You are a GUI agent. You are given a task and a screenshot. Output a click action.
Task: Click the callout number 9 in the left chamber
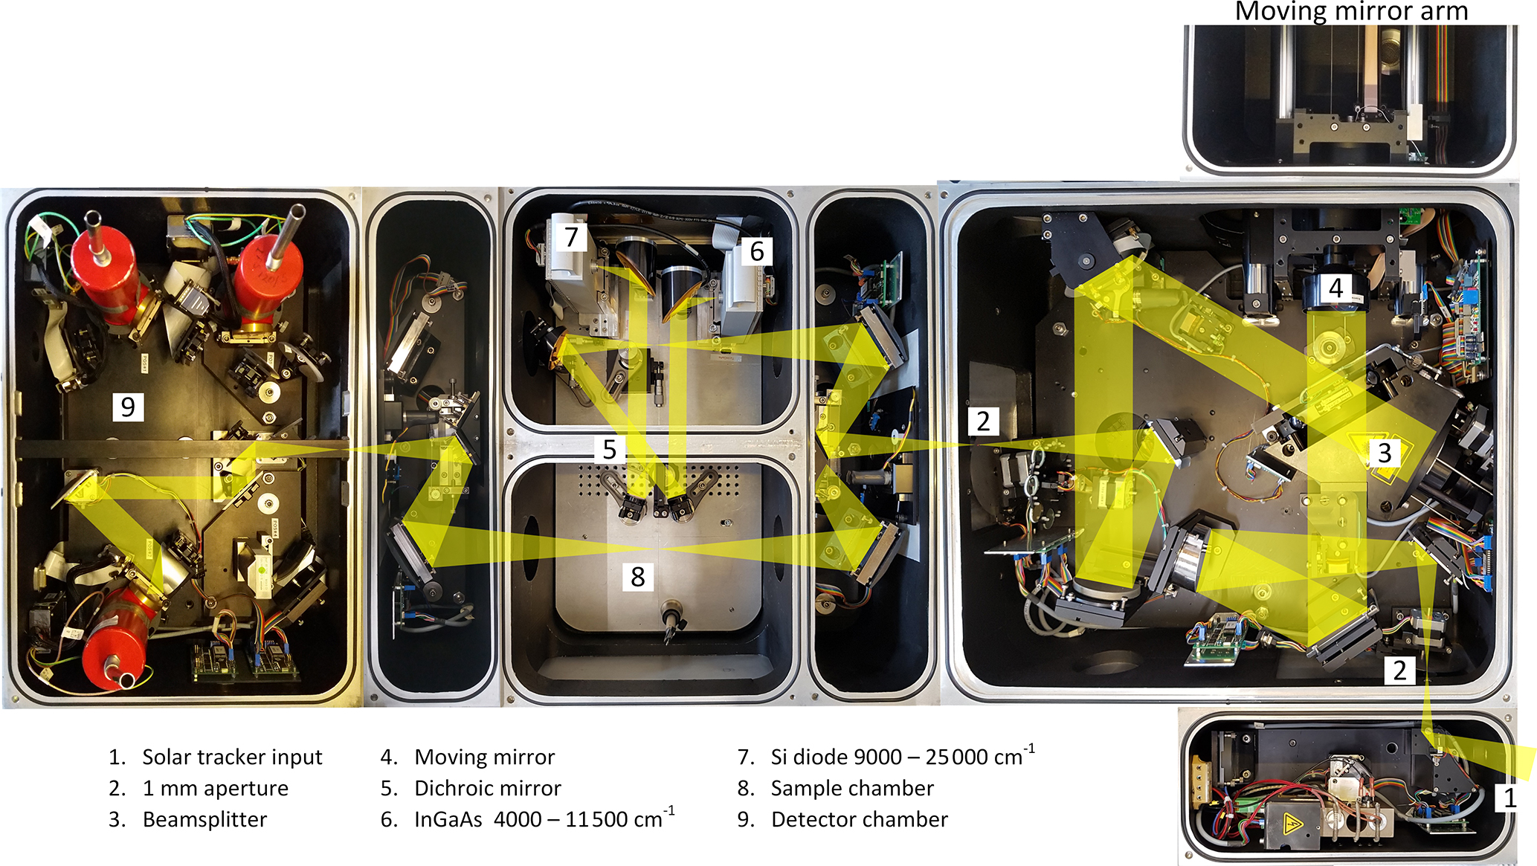(x=128, y=407)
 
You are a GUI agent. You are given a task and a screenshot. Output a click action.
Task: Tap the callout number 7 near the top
(x=571, y=237)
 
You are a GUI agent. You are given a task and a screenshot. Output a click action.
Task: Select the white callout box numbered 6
(x=757, y=251)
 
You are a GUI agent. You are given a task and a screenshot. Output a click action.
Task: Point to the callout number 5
(x=610, y=450)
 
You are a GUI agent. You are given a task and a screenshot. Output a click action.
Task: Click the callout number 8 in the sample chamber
(x=638, y=577)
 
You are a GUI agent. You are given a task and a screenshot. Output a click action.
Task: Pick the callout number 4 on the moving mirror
(x=1336, y=288)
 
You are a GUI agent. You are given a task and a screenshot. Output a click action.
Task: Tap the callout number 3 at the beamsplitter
(x=1385, y=453)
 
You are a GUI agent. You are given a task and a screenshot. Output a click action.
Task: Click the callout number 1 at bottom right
(x=1509, y=798)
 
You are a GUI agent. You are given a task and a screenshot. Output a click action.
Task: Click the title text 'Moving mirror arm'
(x=1351, y=11)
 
